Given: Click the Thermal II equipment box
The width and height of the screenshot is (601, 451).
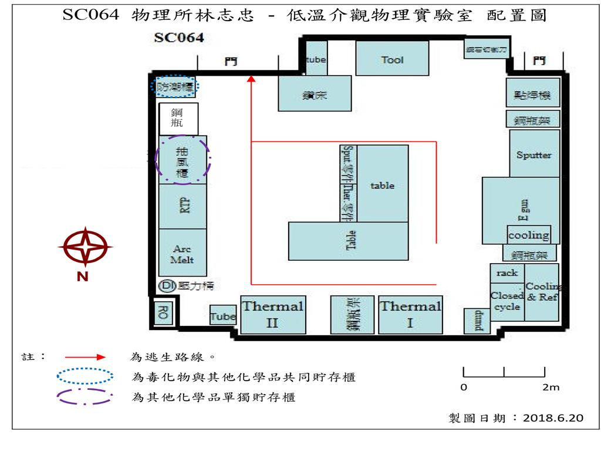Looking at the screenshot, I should coord(273,314).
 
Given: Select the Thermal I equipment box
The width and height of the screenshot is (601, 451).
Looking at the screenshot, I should coord(410,314).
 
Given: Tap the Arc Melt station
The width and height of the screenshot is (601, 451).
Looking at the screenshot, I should coord(182,253).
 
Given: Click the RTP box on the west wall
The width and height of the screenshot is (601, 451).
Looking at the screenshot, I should coord(182,206).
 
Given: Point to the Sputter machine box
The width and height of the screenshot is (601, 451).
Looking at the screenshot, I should coord(534,155).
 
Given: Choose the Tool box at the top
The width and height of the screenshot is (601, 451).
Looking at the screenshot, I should coord(392,59).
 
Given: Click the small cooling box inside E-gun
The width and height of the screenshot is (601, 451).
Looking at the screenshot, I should coord(528,235).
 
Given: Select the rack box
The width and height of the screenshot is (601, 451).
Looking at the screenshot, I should coord(507,273).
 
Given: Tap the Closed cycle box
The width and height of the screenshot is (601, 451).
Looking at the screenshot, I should coord(506,301).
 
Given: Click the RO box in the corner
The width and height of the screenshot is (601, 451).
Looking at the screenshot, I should coord(163,314).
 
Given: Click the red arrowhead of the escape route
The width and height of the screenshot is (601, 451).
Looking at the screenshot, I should coord(251,79).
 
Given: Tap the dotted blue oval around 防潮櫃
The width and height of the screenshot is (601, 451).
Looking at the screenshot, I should coord(175,87).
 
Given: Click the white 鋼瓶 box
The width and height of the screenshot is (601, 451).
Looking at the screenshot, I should coord(178,118).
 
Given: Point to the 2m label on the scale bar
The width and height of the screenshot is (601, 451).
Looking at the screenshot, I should coord(551,387).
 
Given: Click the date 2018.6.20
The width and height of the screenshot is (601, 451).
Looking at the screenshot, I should coord(553,418).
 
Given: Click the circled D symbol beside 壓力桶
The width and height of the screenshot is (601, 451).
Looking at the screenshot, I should coord(167,286).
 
